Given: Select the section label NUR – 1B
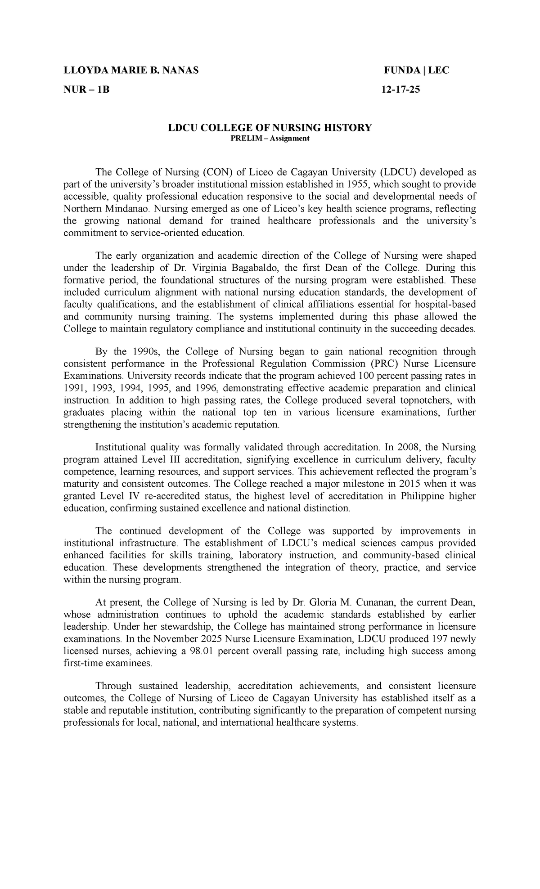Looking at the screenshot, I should (86, 90).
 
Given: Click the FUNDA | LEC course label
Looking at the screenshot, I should (416, 71).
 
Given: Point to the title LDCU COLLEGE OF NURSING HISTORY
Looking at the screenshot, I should (270, 128).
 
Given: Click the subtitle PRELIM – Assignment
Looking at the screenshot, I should (270, 139).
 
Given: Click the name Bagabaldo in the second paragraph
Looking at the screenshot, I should (251, 268).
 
